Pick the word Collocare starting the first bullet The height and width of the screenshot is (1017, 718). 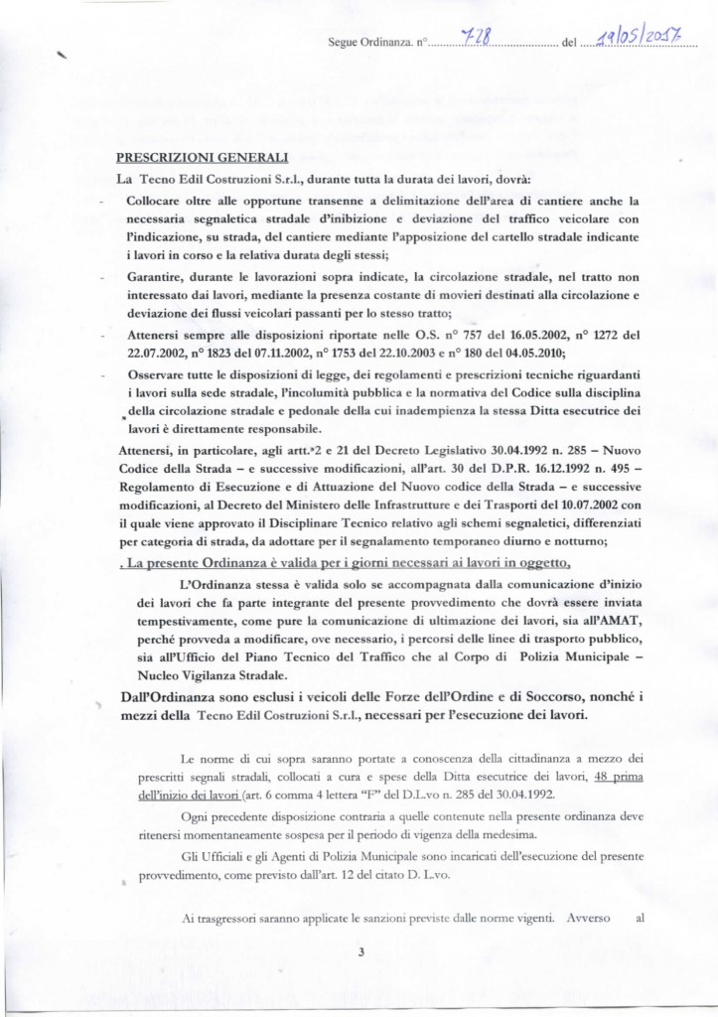point(158,201)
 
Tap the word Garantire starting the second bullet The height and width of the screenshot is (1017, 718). point(159,277)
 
